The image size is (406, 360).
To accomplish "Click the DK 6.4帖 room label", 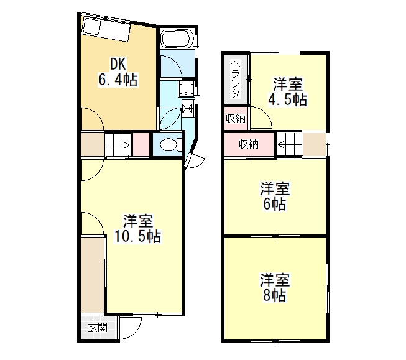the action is point(118,72).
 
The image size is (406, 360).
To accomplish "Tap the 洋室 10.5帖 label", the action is point(138,228).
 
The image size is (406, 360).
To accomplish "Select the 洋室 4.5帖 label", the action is point(288,92).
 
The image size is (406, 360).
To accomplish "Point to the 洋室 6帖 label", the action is point(275,196).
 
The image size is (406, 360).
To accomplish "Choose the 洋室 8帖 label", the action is point(275,287).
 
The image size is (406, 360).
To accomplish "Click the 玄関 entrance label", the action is point(98,328).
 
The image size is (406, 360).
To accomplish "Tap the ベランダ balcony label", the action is point(236,79).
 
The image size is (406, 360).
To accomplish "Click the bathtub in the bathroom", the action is point(177,39).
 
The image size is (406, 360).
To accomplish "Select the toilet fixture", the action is point(171,145).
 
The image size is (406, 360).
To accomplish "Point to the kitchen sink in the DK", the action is point(91,26).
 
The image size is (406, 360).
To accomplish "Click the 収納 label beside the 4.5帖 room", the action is point(236,119).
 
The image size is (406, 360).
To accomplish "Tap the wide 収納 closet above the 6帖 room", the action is point(249,144).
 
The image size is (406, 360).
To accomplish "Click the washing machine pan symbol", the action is point(186,89).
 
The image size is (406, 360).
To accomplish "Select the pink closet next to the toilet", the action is point(141,144).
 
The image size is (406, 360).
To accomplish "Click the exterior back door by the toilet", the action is point(195,161).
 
